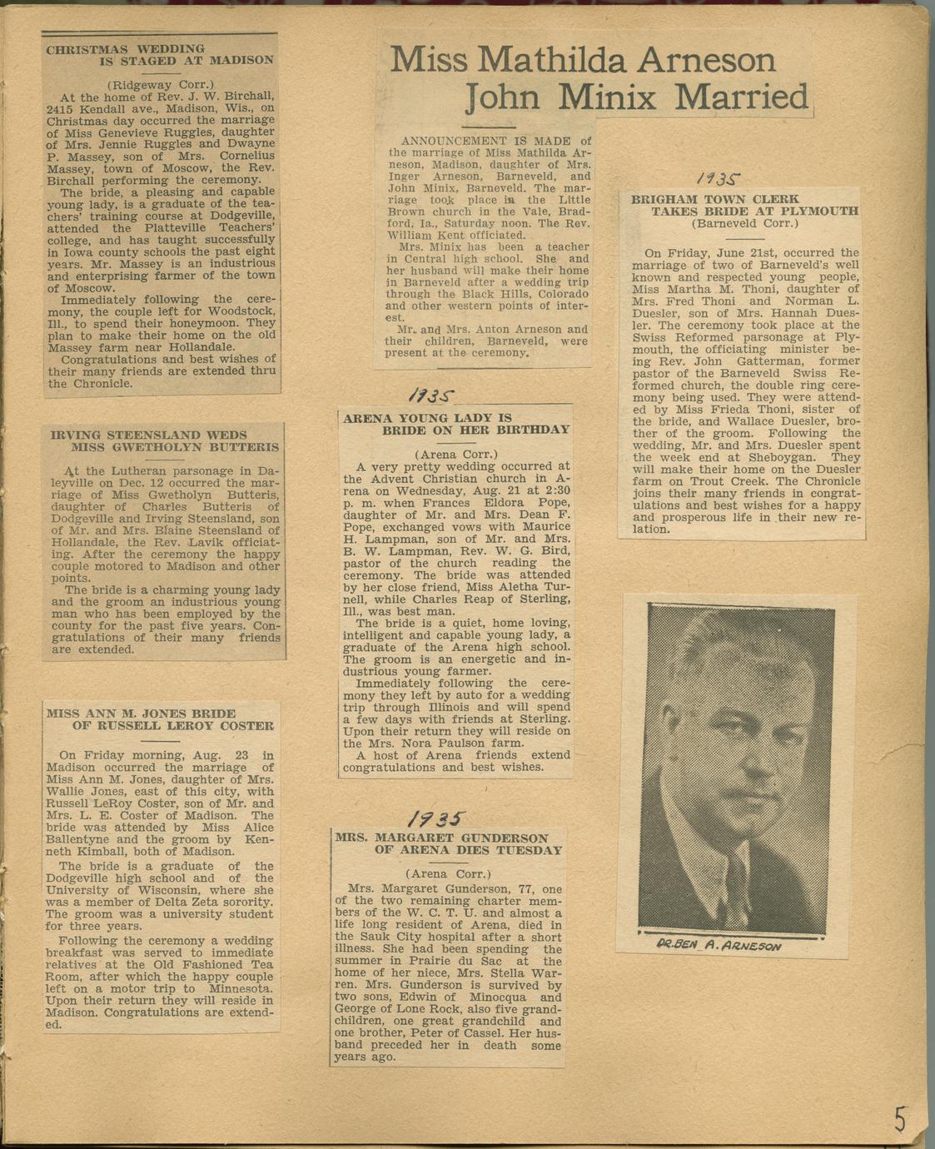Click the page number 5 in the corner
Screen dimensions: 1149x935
[900, 1118]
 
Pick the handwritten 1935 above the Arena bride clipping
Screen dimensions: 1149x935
[430, 395]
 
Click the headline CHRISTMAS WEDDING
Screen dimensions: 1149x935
[125, 49]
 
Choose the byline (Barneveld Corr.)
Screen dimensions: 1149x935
[744, 223]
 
